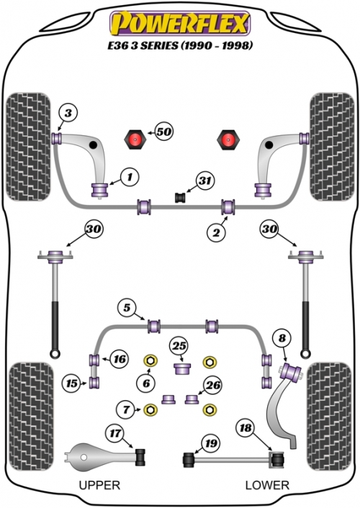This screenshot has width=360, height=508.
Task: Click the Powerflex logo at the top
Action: [x=180, y=23]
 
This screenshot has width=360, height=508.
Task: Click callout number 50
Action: [x=163, y=132]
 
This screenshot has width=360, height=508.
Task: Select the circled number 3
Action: [x=68, y=113]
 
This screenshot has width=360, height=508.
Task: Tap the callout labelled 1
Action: [x=130, y=177]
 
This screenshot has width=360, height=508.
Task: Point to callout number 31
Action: [x=205, y=181]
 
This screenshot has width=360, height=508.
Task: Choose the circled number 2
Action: [x=216, y=232]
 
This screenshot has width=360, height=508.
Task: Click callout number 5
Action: [x=127, y=307]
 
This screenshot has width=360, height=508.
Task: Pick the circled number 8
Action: [x=282, y=339]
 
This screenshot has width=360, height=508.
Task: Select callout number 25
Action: [x=179, y=345]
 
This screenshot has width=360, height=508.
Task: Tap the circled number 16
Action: [x=120, y=359]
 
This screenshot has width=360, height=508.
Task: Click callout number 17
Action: [x=114, y=433]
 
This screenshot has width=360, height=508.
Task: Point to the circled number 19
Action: [x=211, y=443]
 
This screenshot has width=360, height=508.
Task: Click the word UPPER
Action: [x=99, y=485]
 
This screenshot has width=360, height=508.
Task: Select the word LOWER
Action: [x=267, y=485]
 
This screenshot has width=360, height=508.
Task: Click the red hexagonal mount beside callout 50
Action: [x=135, y=140]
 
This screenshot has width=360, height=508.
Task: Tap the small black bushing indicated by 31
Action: [x=180, y=197]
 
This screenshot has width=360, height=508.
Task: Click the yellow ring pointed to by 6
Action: [x=150, y=361]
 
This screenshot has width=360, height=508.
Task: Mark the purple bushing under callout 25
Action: [x=181, y=368]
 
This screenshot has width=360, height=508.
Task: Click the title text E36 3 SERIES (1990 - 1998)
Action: [x=180, y=45]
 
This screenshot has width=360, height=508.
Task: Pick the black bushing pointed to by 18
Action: [x=277, y=459]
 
